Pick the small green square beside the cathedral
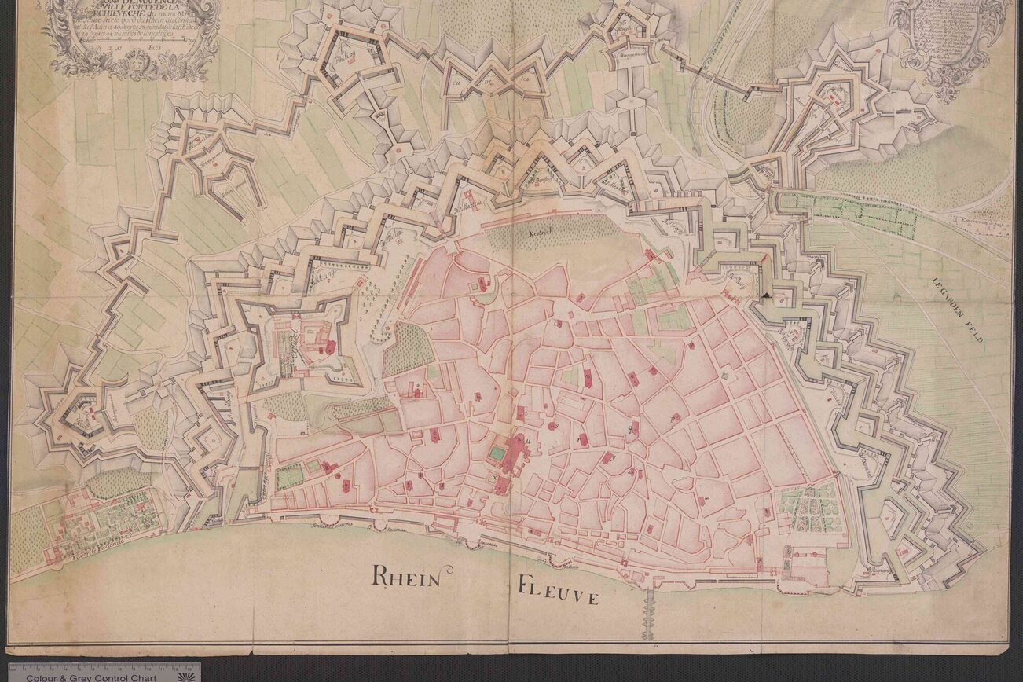coord(497,453)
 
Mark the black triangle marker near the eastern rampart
coord(766,294)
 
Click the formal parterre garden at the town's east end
coord(809,506)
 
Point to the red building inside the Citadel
coord(330,346)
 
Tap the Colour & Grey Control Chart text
coord(90,676)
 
